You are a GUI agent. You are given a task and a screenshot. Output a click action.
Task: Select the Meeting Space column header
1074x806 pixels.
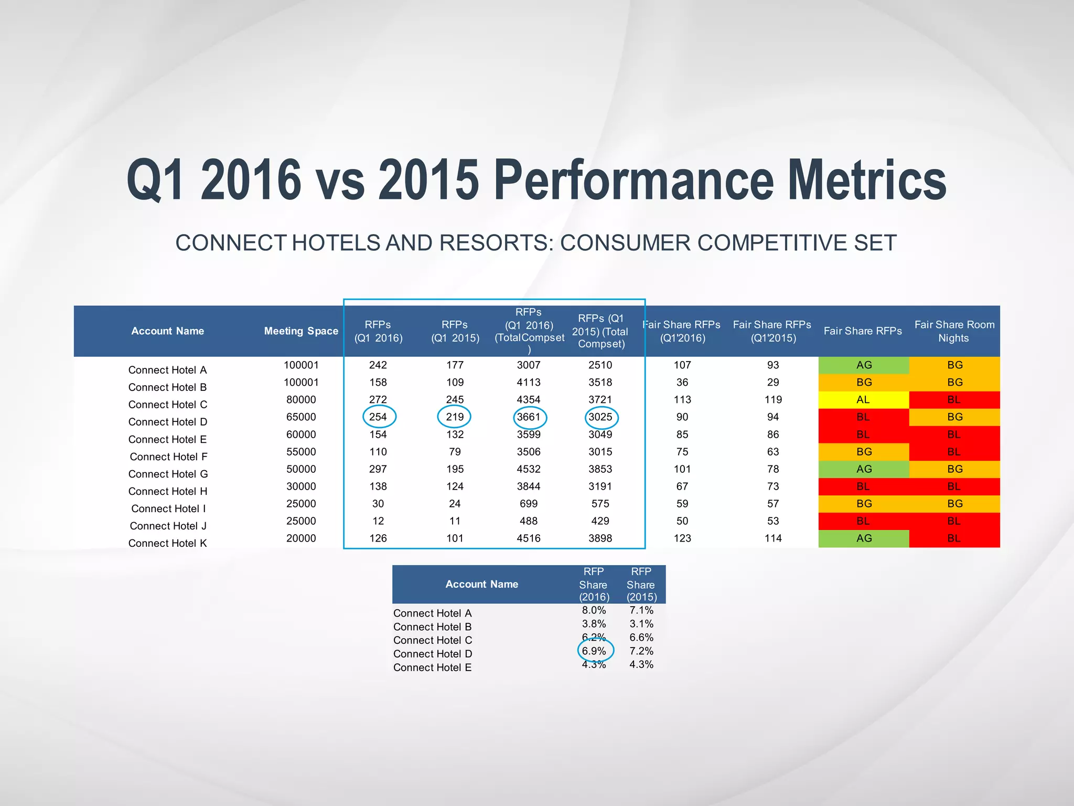301,331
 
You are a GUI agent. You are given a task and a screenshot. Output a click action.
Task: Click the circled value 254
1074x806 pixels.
378,417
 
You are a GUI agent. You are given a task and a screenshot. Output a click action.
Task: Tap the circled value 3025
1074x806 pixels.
600,417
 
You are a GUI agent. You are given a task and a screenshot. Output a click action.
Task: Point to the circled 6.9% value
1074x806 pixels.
594,651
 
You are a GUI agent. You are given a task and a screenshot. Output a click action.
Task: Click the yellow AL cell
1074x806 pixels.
863,400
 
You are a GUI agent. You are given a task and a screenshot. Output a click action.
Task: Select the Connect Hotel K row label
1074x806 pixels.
167,543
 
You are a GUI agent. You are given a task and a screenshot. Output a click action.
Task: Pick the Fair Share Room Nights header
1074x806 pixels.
954,331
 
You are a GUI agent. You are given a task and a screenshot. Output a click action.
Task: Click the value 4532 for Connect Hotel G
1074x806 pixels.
529,469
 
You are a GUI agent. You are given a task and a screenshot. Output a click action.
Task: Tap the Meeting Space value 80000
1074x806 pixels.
301,400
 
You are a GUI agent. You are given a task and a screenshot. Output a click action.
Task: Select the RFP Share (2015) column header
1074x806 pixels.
641,584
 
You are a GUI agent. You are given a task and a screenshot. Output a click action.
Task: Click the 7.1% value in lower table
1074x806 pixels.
641,610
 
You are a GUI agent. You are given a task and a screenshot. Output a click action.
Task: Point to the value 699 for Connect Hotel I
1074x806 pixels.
529,504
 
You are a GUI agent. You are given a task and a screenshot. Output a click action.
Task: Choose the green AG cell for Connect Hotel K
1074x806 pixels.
863,538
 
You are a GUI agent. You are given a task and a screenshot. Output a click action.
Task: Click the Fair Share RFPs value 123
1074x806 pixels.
682,538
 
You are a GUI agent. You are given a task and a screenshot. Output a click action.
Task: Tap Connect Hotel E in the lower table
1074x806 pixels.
432,667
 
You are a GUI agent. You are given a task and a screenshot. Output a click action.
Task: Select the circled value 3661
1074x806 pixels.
529,417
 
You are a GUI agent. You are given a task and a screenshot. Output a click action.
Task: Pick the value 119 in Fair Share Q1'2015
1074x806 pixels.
773,400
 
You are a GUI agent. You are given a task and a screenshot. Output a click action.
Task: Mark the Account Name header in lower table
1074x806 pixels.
481,584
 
